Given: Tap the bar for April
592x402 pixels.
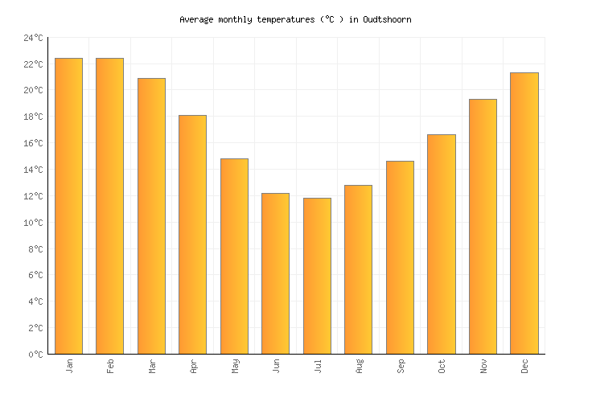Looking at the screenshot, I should click(192, 234).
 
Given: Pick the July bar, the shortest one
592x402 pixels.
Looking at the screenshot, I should click(317, 276).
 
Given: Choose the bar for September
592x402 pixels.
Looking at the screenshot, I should click(400, 257).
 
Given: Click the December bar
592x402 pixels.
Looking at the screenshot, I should click(524, 213).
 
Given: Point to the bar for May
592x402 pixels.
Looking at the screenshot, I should click(234, 256).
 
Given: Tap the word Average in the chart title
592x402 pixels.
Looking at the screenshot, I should click(196, 19).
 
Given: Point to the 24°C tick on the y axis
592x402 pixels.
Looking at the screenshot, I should click(33, 38).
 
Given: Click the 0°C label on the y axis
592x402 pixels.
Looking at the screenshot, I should click(35, 354).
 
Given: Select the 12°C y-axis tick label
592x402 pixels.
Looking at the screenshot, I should click(33, 196).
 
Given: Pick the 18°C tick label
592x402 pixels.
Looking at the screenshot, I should click(33, 117).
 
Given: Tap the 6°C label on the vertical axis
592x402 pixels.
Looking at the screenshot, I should click(35, 275).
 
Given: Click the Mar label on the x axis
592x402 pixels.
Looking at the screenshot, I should click(151, 367).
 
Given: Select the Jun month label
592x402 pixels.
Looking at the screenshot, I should click(276, 367).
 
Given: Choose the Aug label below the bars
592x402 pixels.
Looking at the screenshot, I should click(359, 367).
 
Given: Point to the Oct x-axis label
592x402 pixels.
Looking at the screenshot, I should click(442, 367).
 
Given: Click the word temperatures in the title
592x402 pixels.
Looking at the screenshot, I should click(275, 19).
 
